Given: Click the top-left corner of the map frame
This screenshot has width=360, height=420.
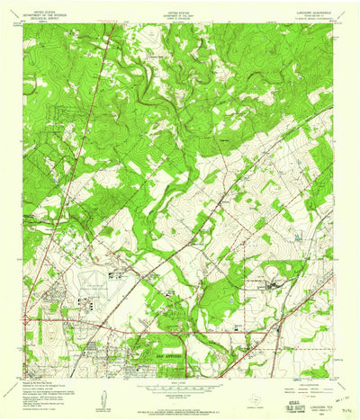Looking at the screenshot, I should [25, 25].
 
